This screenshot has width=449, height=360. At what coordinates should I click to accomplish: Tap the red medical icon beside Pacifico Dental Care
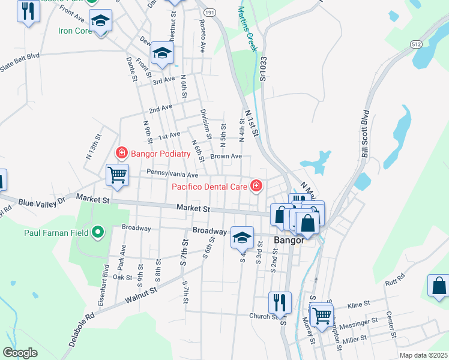256,186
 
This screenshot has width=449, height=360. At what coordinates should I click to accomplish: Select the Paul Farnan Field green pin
98,232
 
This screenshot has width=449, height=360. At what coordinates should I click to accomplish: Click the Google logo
20,352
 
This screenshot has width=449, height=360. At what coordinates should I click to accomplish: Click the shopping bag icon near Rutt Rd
438,287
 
